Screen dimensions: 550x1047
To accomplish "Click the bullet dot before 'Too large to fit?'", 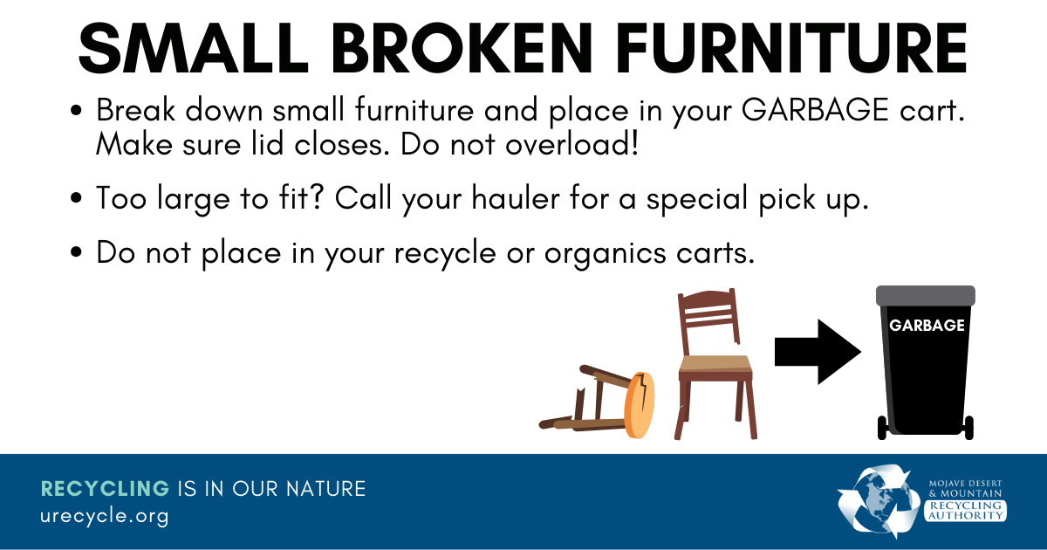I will [x=77, y=199].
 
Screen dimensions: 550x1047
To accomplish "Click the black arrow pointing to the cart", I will [x=817, y=351].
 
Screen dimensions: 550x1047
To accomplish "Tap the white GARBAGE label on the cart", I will [x=926, y=326].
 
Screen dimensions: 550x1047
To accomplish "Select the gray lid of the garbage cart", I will [x=926, y=295].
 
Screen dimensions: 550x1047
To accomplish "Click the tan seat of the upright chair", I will [x=715, y=363].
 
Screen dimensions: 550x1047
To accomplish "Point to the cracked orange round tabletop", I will [x=640, y=403].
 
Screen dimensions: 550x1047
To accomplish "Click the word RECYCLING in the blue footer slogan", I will [x=105, y=488].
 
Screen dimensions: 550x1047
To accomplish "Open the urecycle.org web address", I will [x=104, y=516].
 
